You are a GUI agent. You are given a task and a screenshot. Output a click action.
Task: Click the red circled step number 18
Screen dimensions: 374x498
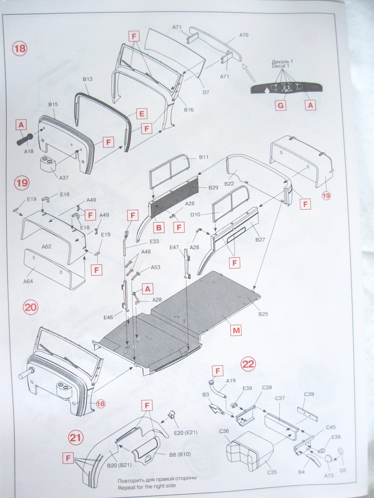(x=20, y=49)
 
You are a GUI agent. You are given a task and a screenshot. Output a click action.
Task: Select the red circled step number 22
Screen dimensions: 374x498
(x=248, y=364)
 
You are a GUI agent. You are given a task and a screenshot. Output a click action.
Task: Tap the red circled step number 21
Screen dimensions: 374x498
(x=75, y=438)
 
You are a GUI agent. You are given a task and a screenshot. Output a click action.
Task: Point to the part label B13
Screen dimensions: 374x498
(x=88, y=79)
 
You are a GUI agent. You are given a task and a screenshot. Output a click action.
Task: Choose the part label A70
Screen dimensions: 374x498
(x=244, y=35)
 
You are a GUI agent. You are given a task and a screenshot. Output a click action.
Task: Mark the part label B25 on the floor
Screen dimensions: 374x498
(x=263, y=314)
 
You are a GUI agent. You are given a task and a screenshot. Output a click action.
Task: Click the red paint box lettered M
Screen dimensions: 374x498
(x=236, y=331)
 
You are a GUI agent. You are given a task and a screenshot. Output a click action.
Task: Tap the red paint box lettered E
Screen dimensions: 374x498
(x=142, y=114)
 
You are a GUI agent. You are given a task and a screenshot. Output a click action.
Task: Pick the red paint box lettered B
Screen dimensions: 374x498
(x=158, y=227)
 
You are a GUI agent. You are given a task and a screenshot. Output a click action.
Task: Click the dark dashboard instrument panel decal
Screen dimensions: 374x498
(x=286, y=88)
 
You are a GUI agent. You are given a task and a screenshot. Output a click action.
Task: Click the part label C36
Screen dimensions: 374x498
(x=224, y=431)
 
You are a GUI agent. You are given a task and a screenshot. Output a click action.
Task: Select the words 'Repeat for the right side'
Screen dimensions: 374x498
(x=147, y=486)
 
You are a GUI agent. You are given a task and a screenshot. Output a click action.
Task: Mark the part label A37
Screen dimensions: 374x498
(x=64, y=178)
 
